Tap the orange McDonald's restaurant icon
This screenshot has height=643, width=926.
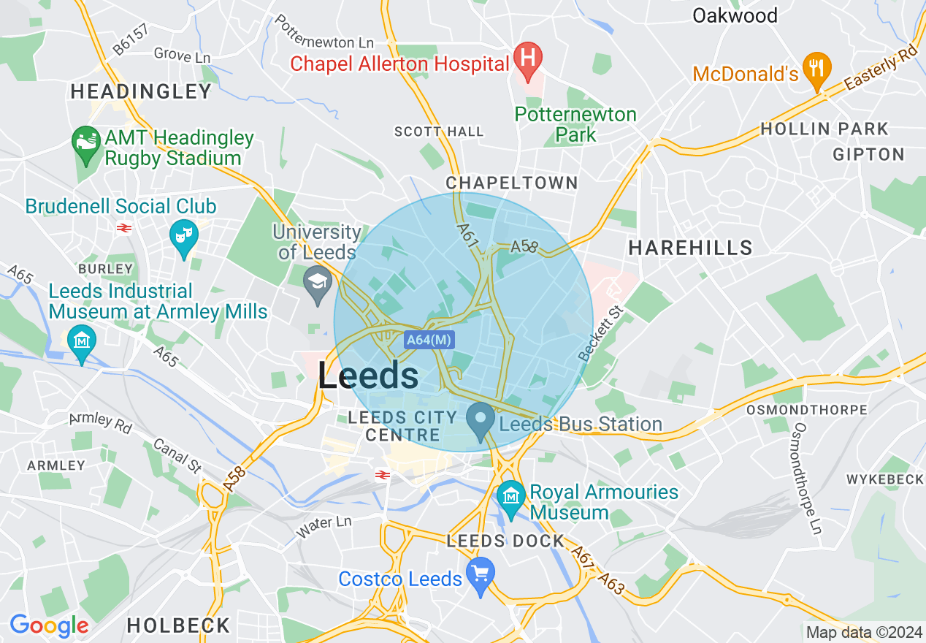tap(816, 69)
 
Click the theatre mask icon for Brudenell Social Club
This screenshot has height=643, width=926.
tap(183, 235)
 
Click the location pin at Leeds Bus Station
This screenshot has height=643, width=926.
tap(481, 421)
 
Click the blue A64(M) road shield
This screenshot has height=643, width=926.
tap(429, 339)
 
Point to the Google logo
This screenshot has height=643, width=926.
tap(49, 626)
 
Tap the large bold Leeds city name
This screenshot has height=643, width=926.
tap(368, 376)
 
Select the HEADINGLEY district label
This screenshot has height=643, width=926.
tap(141, 91)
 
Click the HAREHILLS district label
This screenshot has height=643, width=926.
tap(690, 248)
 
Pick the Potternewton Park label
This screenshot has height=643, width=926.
tap(575, 125)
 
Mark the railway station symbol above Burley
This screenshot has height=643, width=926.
tap(123, 228)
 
